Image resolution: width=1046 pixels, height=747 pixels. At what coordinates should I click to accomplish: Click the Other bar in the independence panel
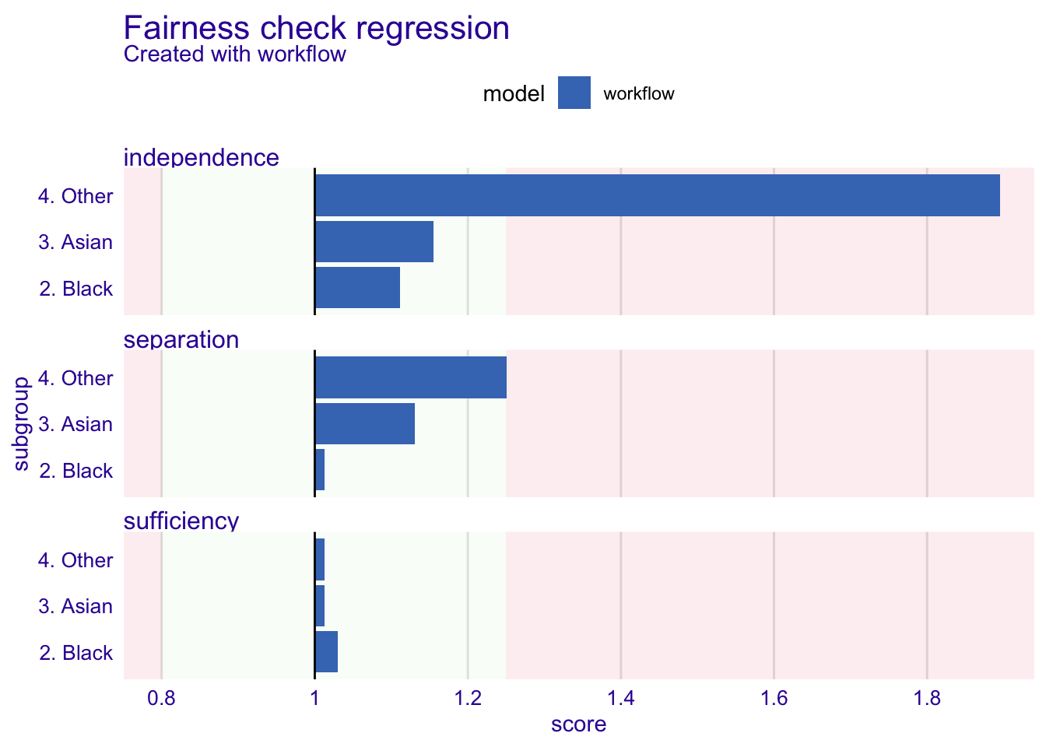pyautogui.click(x=658, y=195)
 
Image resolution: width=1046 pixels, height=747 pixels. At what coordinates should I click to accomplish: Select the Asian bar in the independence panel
pyautogui.click(x=374, y=241)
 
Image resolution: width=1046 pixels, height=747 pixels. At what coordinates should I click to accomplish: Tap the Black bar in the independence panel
pyautogui.click(x=357, y=288)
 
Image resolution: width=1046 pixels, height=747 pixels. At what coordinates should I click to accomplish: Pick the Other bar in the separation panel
pyautogui.click(x=410, y=377)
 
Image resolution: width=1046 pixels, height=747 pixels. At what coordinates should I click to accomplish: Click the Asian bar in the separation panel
pyautogui.click(x=365, y=423)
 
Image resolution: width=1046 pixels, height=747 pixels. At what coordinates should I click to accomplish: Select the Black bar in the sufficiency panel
pyautogui.click(x=326, y=652)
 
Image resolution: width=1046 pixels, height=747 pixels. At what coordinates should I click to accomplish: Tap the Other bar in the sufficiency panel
pyautogui.click(x=320, y=559)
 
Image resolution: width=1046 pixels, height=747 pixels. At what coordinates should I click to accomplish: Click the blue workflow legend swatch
pyautogui.click(x=574, y=93)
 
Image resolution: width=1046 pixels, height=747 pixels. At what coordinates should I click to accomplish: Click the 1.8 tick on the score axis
pyautogui.click(x=927, y=699)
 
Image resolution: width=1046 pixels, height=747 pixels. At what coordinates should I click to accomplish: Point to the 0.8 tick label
pyautogui.click(x=161, y=699)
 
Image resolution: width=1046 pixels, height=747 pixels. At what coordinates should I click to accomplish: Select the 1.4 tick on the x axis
pyautogui.click(x=620, y=699)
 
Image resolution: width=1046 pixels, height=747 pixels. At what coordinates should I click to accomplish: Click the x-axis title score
pyautogui.click(x=578, y=724)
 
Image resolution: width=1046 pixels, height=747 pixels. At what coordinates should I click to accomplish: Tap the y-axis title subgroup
pyautogui.click(x=21, y=424)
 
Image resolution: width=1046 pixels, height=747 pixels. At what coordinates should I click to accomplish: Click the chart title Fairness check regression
pyautogui.click(x=316, y=28)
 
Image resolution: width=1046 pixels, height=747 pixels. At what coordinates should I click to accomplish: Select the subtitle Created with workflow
pyautogui.click(x=234, y=54)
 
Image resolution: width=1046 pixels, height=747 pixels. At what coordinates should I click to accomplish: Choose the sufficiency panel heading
pyautogui.click(x=181, y=521)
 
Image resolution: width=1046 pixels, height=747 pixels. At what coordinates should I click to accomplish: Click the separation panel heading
pyautogui.click(x=181, y=339)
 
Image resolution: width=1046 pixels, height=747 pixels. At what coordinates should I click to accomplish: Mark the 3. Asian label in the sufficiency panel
pyautogui.click(x=75, y=606)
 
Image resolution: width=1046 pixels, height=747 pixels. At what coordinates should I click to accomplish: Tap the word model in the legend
pyautogui.click(x=514, y=94)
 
